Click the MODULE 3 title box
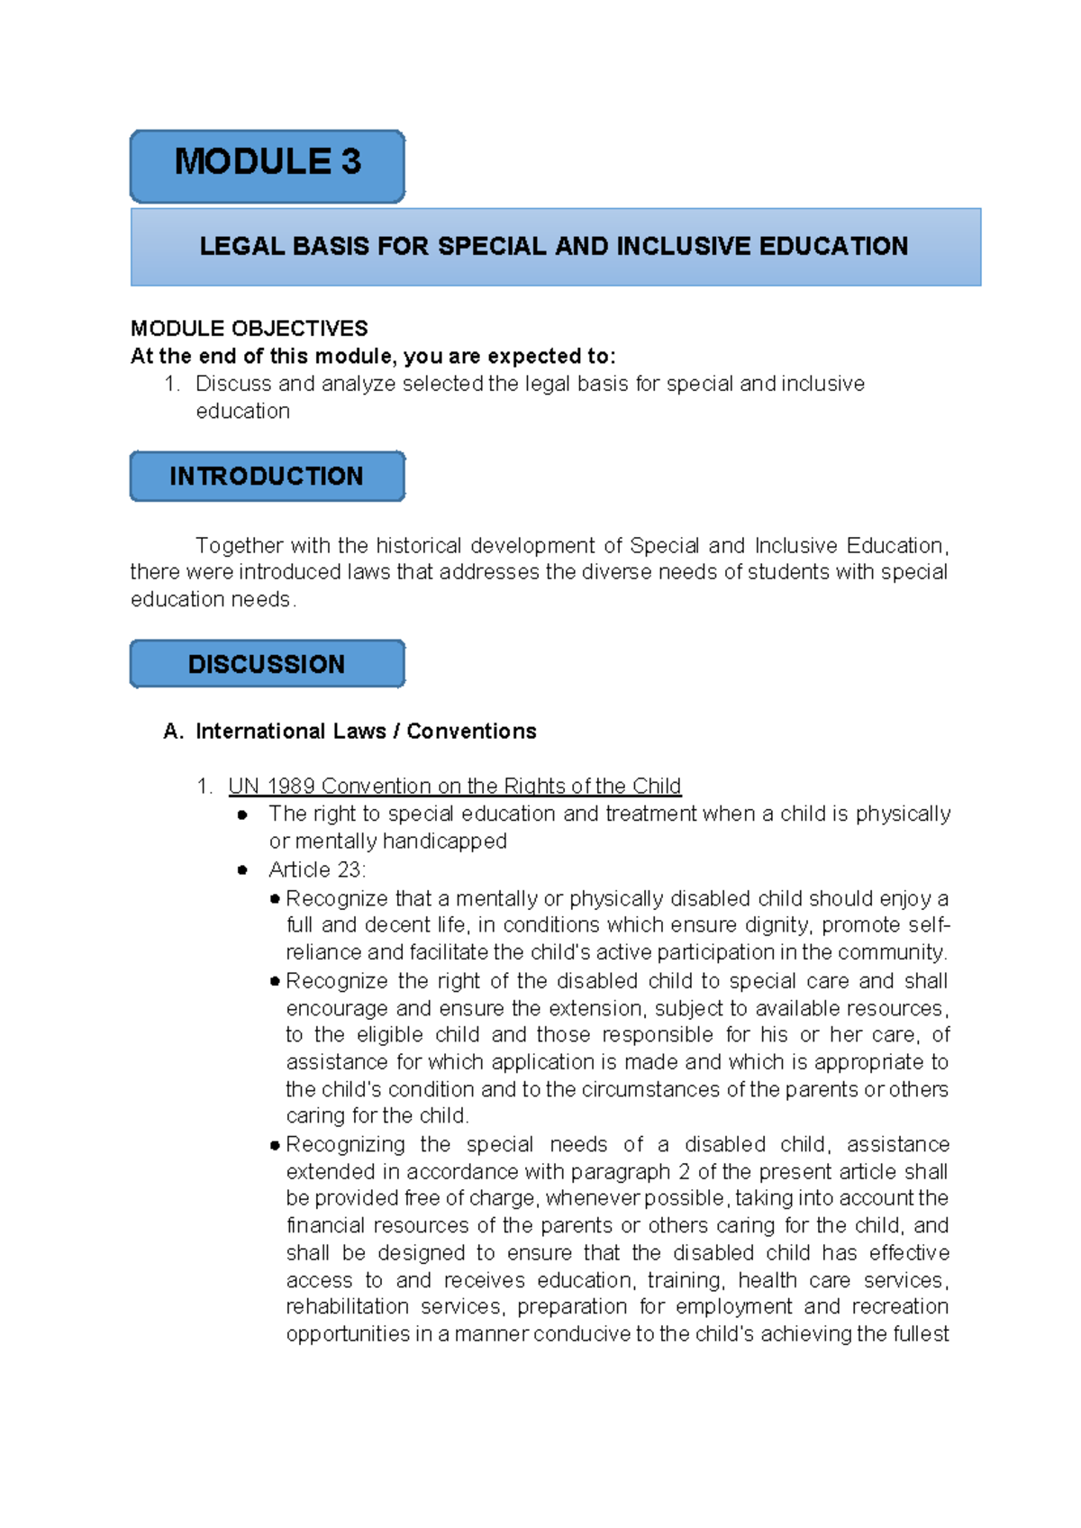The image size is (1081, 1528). [x=268, y=165]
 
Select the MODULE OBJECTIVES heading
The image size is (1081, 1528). [x=250, y=328]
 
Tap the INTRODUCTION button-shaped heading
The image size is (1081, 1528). [x=268, y=477]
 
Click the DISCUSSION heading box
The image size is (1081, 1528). [x=268, y=665]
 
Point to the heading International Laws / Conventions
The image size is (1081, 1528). [x=366, y=732]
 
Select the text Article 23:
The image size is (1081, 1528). [x=317, y=870]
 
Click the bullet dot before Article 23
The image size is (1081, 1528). [x=242, y=870]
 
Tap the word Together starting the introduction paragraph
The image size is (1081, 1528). [x=240, y=546]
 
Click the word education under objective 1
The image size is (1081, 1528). [x=242, y=412]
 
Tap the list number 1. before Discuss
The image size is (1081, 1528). [x=172, y=384]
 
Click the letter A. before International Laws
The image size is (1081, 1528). [x=173, y=732]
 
